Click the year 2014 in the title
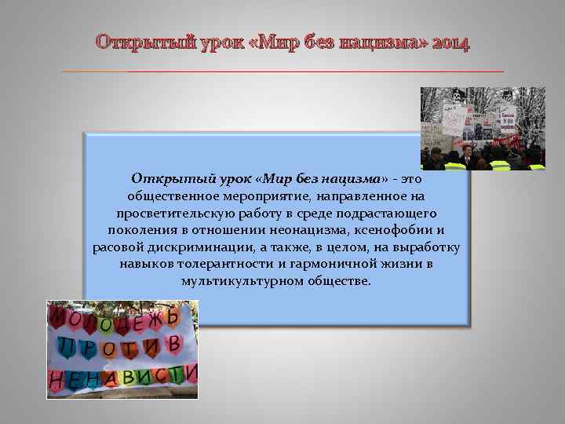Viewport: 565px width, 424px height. (x=450, y=42)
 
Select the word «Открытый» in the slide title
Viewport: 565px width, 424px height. (x=134, y=42)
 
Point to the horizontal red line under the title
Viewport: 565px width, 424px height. (x=282, y=71)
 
